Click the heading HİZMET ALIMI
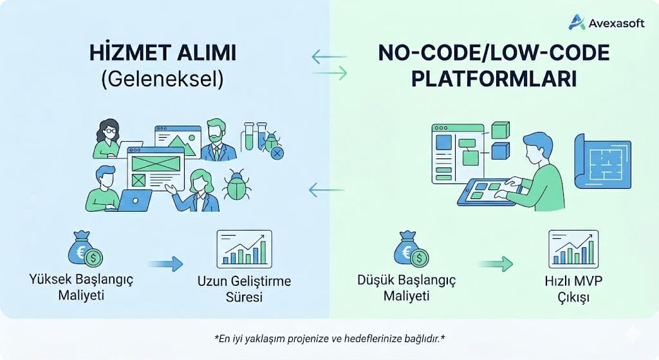[x=162, y=53]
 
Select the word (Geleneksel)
[x=162, y=78]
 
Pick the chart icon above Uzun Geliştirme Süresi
[x=243, y=249]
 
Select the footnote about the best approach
[x=329, y=337]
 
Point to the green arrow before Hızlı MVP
[x=496, y=263]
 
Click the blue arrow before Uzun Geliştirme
[x=165, y=263]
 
